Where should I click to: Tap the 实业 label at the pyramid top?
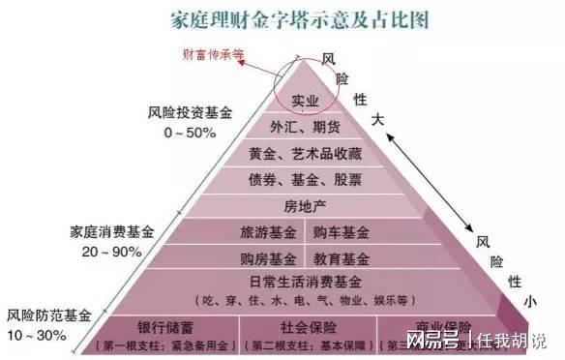coord(306,101)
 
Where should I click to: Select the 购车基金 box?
coord(341,233)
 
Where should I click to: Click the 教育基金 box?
coord(341,258)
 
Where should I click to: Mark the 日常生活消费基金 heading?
coord(303,282)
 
